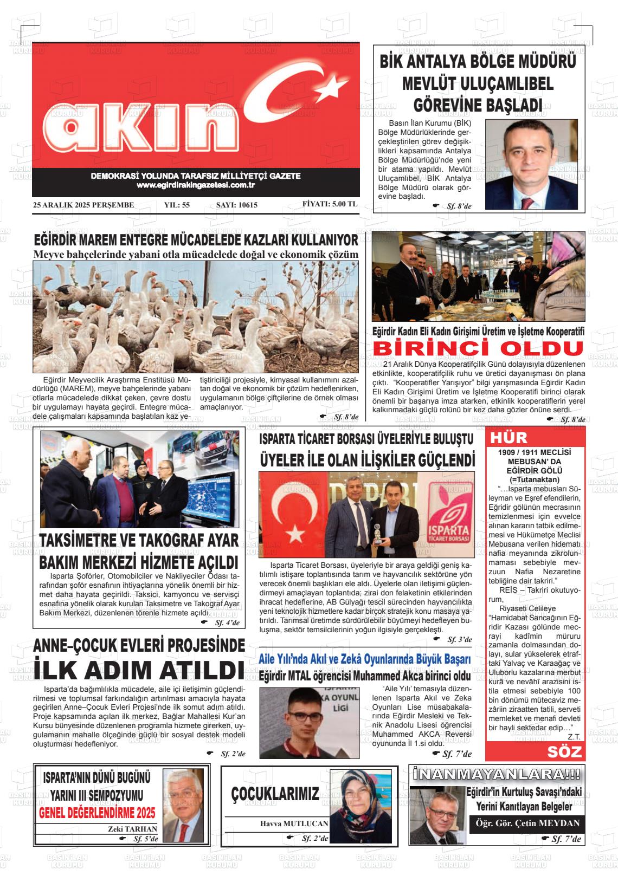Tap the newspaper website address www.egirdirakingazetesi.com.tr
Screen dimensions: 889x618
tap(196, 186)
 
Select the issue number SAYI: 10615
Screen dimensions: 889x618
tap(236, 205)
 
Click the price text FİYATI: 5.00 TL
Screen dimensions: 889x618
tap(330, 205)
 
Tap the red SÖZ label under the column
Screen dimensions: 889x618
tap(565, 751)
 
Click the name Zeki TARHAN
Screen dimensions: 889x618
tap(133, 829)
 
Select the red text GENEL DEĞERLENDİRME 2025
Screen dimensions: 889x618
tap(97, 813)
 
